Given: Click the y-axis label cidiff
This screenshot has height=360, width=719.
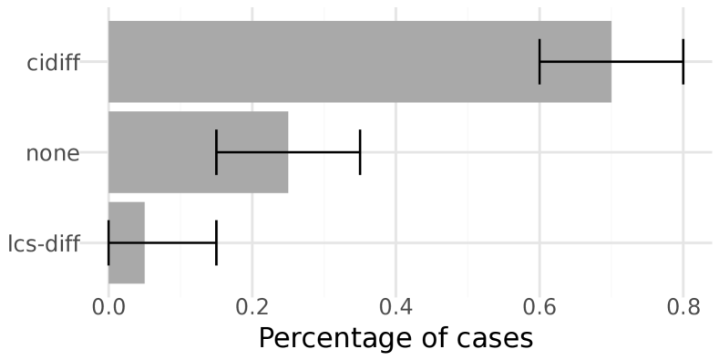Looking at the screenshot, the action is (x=54, y=62).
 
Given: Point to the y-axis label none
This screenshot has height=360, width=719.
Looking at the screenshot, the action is (x=53, y=153).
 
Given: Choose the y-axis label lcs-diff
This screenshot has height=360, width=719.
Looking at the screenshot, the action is (x=44, y=243).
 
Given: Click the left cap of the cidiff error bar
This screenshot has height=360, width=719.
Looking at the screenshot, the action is (x=539, y=61).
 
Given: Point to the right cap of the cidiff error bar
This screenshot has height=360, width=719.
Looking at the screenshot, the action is (x=683, y=61).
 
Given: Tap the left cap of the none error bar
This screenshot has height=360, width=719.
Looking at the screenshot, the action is (x=216, y=152).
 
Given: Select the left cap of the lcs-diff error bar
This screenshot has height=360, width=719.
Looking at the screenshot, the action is (x=108, y=242).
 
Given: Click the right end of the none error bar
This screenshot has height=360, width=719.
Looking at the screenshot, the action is (x=360, y=152).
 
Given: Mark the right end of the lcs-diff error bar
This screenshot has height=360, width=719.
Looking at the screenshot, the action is (x=216, y=242).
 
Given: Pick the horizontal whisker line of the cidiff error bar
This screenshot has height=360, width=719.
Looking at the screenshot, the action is (x=611, y=61).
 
